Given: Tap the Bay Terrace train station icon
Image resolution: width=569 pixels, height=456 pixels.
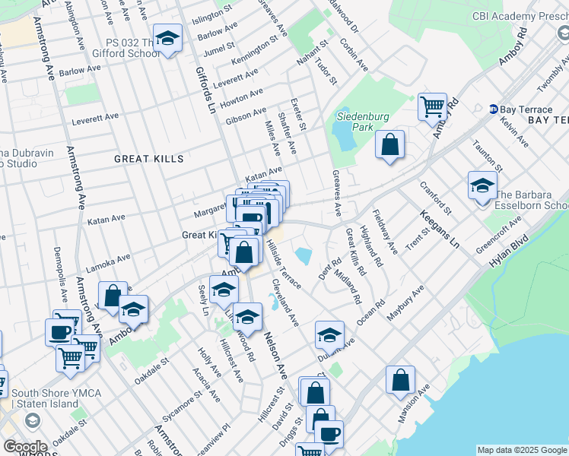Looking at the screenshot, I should (494, 109).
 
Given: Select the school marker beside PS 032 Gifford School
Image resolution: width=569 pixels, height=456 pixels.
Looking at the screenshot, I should (167, 38).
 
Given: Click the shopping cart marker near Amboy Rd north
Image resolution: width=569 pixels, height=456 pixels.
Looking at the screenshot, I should (432, 106).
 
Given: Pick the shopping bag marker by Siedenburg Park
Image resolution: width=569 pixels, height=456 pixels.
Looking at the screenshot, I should (389, 144).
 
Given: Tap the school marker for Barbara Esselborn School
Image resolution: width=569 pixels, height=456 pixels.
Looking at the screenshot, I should (482, 185).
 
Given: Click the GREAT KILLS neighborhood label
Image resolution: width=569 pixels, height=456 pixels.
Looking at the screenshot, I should (149, 159).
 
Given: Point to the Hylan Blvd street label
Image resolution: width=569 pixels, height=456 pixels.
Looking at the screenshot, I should (509, 250).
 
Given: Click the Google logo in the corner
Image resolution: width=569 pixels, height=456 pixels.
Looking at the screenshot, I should (25, 447).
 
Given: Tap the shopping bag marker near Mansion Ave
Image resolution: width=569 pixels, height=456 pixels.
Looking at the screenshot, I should (400, 379).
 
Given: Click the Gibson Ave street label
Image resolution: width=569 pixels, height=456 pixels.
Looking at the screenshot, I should (245, 117).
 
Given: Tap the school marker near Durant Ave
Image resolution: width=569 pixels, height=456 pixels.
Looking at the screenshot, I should (329, 334).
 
